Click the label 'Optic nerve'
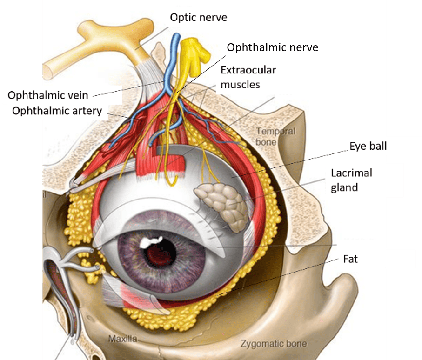click(198, 18)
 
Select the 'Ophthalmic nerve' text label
click(272, 47)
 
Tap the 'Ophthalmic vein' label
click(48, 96)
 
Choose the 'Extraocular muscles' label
click(248, 77)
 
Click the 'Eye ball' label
click(368, 147)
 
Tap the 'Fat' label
click(350, 259)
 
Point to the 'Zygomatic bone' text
click(274, 344)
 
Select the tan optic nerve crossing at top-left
click(84, 51)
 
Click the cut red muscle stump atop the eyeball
click(176, 163)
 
